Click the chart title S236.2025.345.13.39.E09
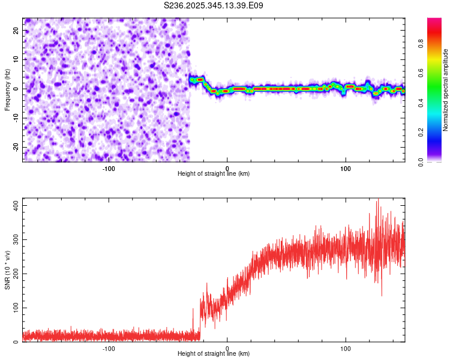(213, 5)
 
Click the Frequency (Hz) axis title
(7, 89)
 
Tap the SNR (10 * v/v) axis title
(7, 270)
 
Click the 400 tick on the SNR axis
(14, 205)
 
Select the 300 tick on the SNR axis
(14, 239)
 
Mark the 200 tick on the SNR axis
(14, 274)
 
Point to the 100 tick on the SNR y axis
(14, 308)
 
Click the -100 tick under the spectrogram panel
(109, 169)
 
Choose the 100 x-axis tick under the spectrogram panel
(346, 169)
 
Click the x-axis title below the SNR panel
(214, 354)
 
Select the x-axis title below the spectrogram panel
(214, 174)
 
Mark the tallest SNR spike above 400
(377, 200)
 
